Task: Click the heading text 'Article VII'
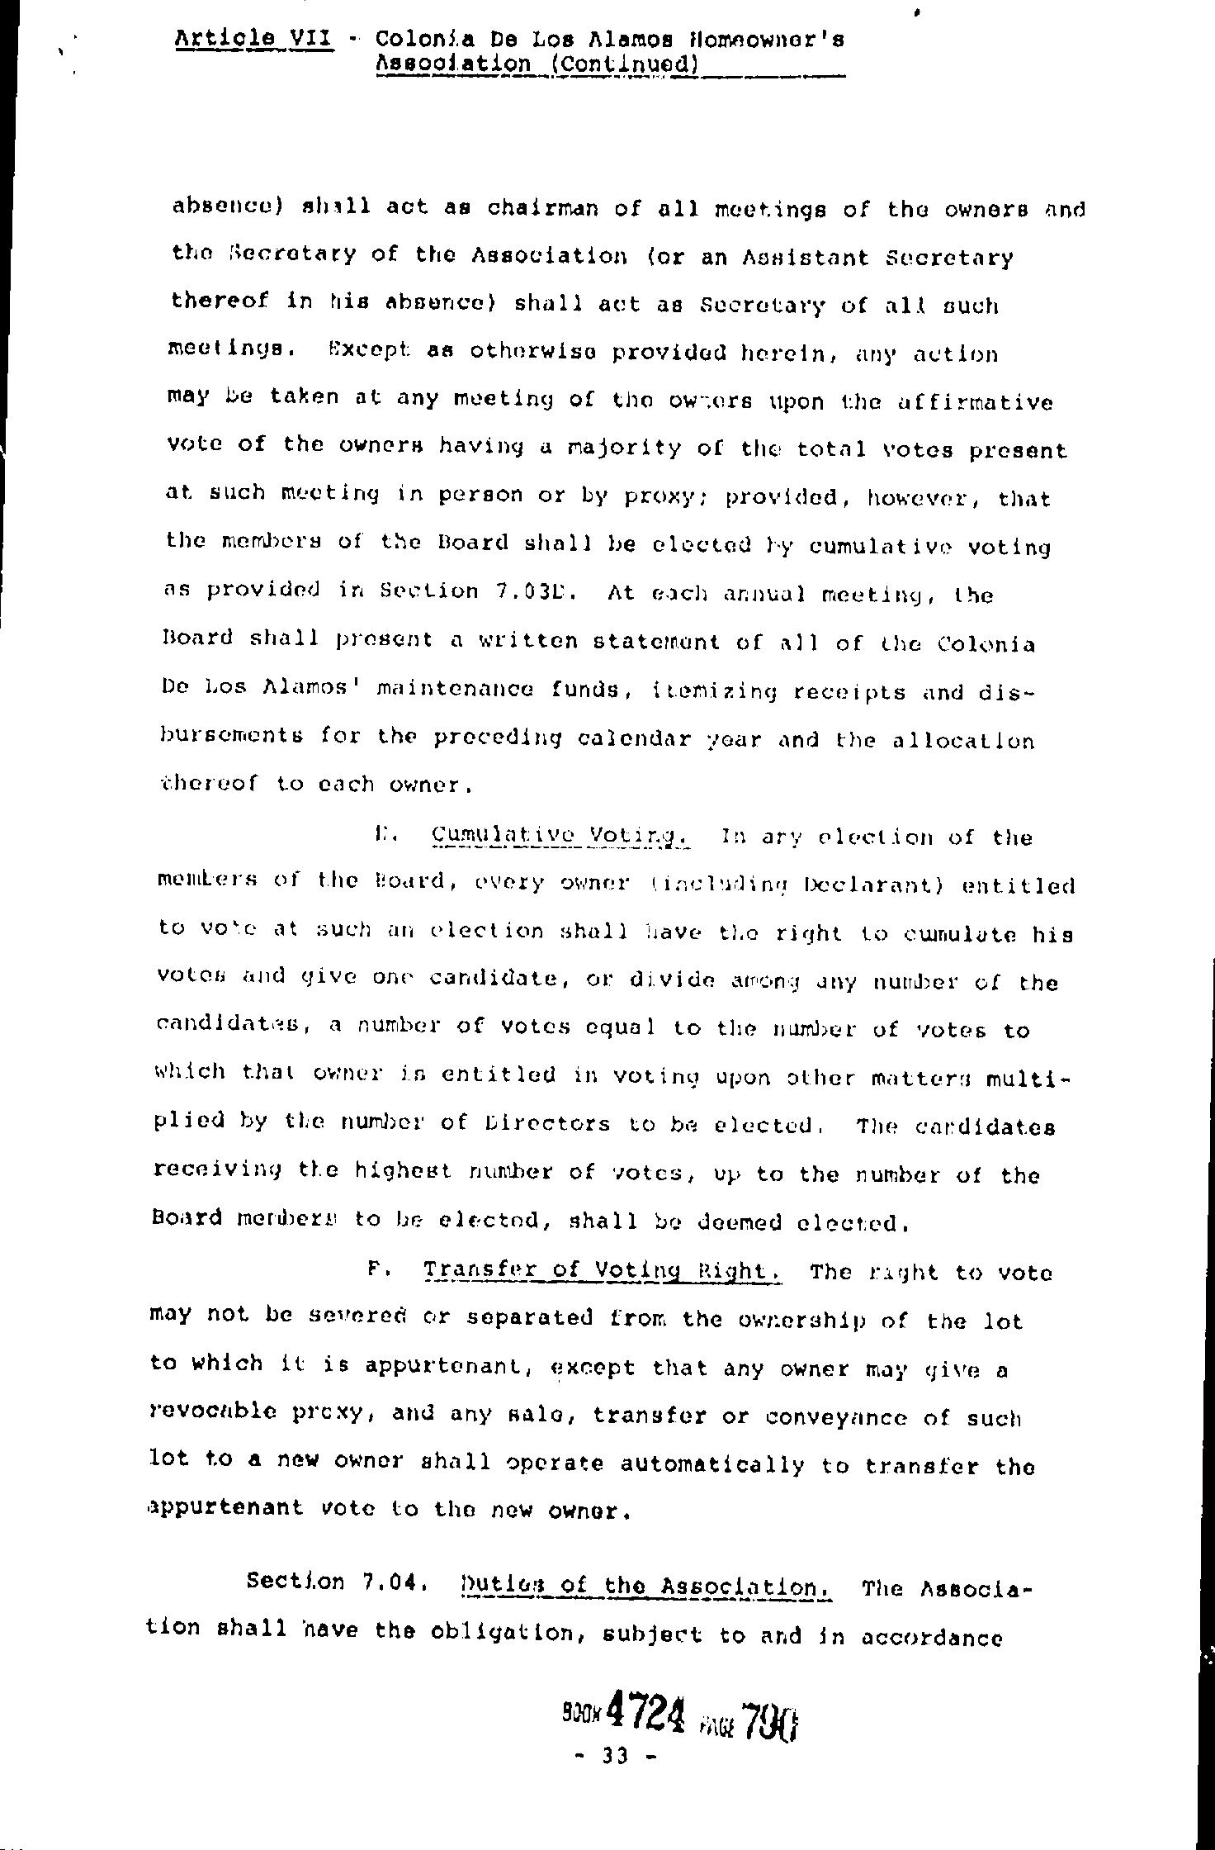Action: point(254,38)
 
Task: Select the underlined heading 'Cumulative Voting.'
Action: point(561,837)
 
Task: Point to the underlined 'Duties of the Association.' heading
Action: point(645,1587)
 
